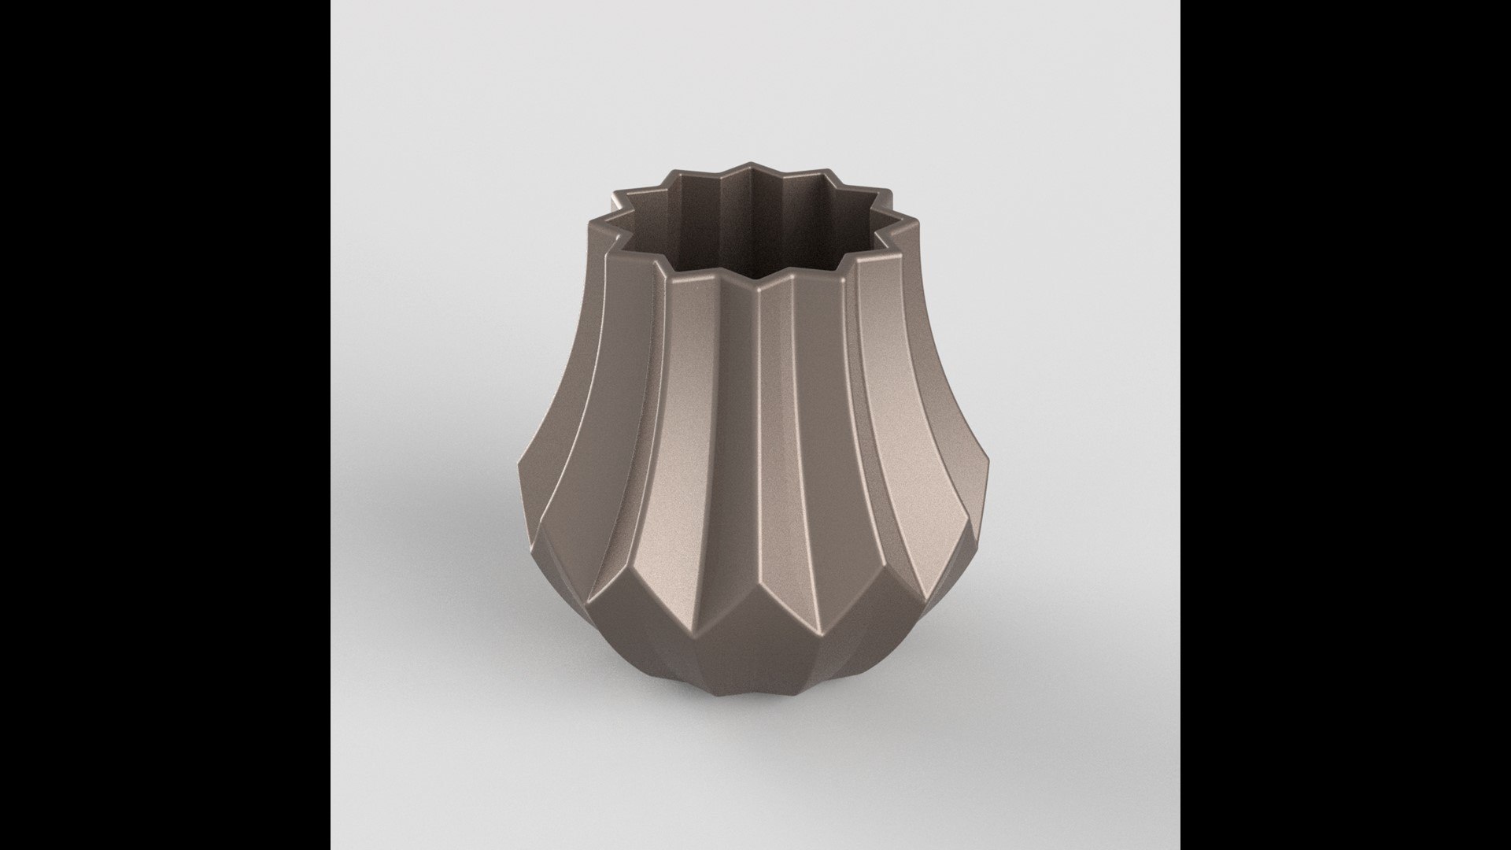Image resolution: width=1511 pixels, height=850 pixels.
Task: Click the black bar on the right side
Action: point(1346,425)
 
